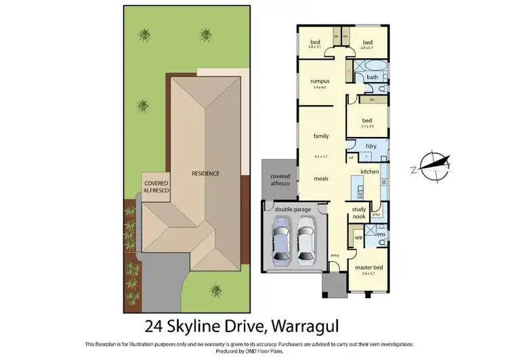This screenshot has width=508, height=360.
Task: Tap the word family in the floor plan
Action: click(x=320, y=136)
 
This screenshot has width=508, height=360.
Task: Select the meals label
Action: click(x=320, y=179)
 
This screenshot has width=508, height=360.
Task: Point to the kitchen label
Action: click(x=368, y=172)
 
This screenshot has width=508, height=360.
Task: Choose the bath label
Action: click(x=372, y=77)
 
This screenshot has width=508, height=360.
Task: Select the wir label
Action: click(x=358, y=238)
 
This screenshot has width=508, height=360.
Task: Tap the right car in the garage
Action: click(x=307, y=241)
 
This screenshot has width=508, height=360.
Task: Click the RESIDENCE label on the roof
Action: click(x=205, y=174)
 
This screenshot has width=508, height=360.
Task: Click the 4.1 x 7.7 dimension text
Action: click(x=320, y=157)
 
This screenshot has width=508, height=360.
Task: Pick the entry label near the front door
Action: click(x=334, y=255)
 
